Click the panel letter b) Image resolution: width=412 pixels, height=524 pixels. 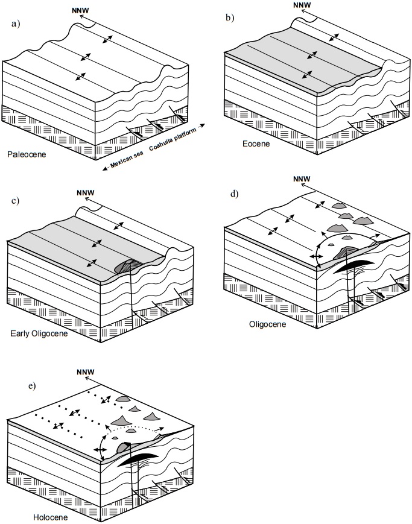coord(230,18)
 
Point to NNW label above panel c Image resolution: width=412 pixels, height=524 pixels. coord(85,194)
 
